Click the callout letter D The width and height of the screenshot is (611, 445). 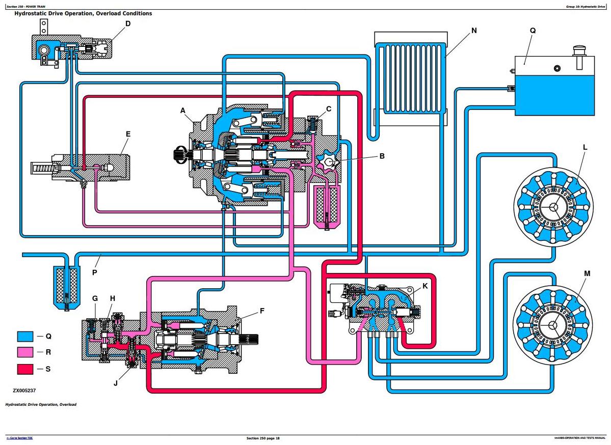[127, 23]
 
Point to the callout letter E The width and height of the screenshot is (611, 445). [128, 134]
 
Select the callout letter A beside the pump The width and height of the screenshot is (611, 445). [183, 110]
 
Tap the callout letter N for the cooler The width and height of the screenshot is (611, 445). [474, 31]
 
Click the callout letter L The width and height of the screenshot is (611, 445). [585, 148]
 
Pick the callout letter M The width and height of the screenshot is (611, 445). [587, 273]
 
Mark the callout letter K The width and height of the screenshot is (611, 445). [425, 286]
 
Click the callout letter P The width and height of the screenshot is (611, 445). [94, 272]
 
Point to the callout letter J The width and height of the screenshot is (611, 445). [116, 383]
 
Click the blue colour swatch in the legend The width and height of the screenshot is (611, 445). [25, 337]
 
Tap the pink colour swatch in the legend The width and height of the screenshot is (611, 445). [25, 352]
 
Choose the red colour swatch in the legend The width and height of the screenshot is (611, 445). [25, 369]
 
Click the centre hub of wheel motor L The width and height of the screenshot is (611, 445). [553, 205]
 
